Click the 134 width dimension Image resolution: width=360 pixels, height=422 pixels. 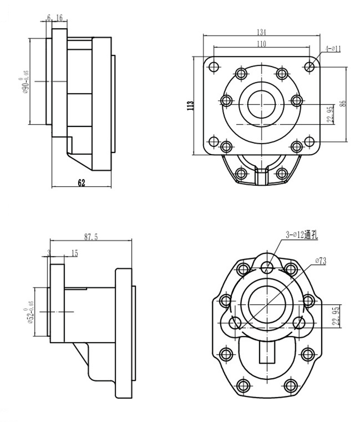coord(261,32)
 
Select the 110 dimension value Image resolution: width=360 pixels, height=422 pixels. coord(261,44)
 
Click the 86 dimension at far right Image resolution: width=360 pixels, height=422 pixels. coord(343,103)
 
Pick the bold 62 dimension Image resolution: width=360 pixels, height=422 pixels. coord(81,182)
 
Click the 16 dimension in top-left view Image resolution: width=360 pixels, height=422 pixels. coord(60,18)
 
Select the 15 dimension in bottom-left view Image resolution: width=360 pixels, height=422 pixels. coord(74,254)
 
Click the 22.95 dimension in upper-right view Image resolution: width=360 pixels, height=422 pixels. coord(330,114)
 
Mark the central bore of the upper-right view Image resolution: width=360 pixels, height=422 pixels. coord(261,103)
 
